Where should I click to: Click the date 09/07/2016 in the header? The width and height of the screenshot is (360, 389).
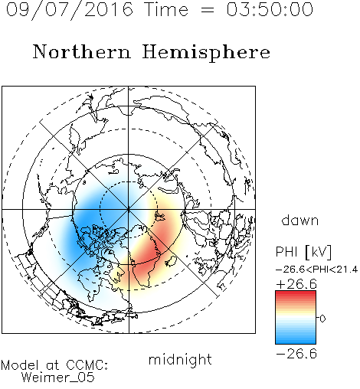tap(70, 10)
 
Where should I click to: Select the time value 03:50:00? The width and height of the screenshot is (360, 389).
tap(270, 9)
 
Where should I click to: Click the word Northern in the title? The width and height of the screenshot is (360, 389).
tap(82, 51)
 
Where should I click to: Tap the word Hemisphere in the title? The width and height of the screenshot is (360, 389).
tap(206, 53)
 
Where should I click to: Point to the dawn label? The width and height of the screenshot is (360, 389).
tap(300, 220)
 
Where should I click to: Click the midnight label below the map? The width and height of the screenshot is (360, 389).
tap(180, 359)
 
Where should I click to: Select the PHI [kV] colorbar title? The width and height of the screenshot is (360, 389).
tap(303, 252)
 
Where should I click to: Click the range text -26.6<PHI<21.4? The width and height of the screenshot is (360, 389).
tap(317, 270)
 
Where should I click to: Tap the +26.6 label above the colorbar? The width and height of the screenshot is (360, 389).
tap(296, 284)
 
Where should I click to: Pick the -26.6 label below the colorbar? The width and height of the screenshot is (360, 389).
tap(296, 354)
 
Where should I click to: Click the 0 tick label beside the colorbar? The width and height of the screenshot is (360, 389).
tap(322, 319)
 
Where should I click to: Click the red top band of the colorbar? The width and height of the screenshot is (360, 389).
tap(296, 294)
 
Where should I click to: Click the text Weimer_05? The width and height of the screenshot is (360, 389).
tap(58, 378)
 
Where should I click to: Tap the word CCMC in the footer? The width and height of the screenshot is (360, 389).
tap(87, 365)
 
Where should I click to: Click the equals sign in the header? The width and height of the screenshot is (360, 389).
tap(207, 10)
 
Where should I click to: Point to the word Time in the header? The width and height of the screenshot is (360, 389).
tap(166, 9)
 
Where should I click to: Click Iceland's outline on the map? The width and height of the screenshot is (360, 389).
tap(171, 262)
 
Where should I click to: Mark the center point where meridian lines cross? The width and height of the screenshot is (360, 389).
tap(129, 209)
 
